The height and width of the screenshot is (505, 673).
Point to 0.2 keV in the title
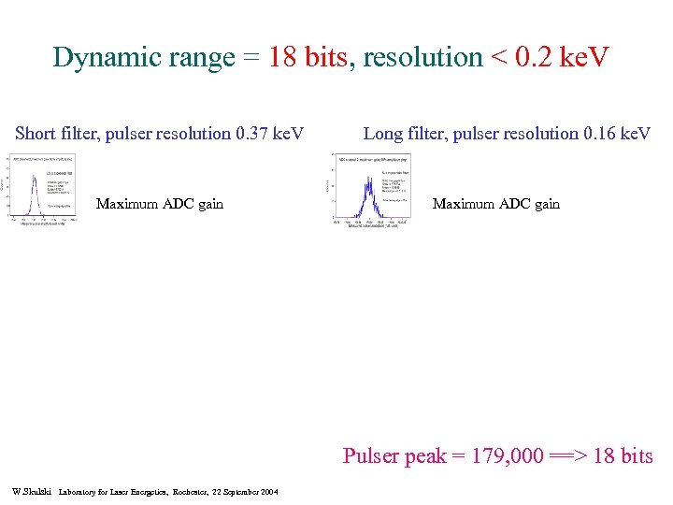[x=559, y=58]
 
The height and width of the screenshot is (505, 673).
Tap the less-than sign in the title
[x=495, y=58]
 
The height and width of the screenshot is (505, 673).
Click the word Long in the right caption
[x=381, y=134]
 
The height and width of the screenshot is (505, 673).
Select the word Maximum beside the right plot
[x=462, y=204]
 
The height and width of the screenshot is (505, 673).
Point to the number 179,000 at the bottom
[x=509, y=456]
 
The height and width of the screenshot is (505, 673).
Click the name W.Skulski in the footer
[x=32, y=491]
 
